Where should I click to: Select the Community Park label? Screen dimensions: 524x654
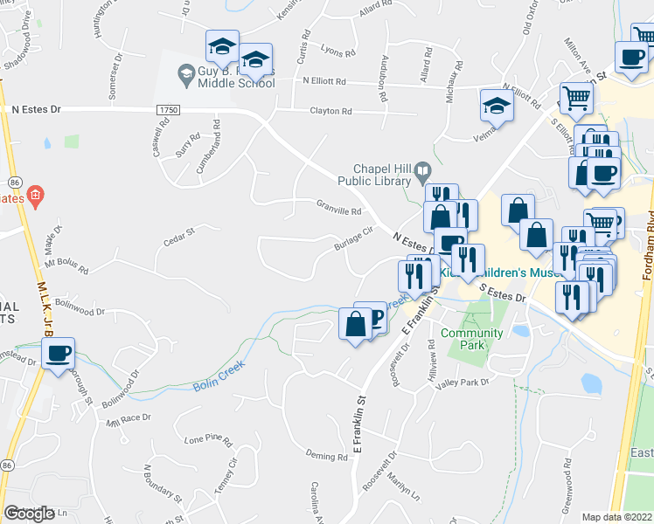click(471, 339)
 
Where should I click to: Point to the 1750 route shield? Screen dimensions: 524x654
click(168, 109)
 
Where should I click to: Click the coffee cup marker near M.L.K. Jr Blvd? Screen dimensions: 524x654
click(59, 355)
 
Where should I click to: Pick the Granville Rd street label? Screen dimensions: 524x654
click(339, 210)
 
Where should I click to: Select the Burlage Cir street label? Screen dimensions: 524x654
click(353, 239)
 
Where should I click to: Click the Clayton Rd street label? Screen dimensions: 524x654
click(330, 111)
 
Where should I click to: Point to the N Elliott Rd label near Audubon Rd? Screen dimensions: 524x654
click(324, 81)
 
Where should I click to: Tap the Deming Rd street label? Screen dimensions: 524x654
click(327, 456)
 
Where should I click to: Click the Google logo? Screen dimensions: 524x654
click(30, 513)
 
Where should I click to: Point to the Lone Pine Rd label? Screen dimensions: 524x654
click(207, 438)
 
